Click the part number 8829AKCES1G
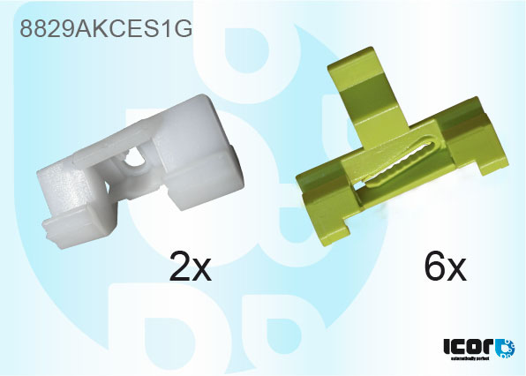pos(105,28)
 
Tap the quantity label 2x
pos(191,265)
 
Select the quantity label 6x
pos(444,265)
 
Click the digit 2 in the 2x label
pos(179,265)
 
